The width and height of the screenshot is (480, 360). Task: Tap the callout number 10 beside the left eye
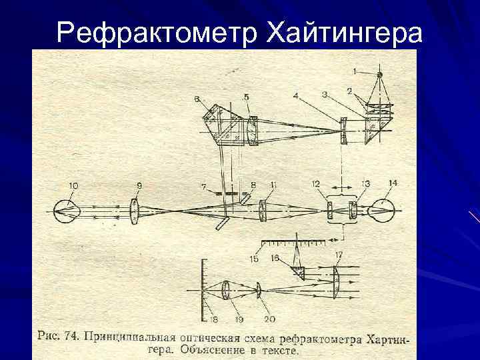click(x=73, y=184)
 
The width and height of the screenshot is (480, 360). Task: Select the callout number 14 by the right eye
click(x=392, y=183)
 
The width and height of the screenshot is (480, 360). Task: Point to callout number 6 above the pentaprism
click(x=197, y=99)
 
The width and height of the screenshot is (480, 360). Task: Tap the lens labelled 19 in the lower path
click(x=227, y=291)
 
